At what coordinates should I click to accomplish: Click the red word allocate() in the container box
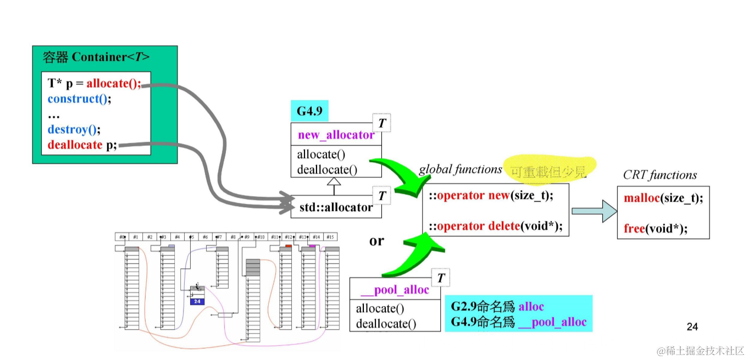click(x=113, y=84)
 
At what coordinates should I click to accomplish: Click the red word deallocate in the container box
click(x=75, y=145)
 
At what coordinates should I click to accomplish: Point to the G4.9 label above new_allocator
click(x=309, y=112)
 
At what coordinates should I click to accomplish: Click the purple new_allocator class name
click(x=336, y=135)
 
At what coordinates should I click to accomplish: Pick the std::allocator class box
click(x=336, y=207)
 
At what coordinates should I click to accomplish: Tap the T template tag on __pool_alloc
click(x=440, y=279)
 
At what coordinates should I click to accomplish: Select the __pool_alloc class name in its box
click(x=394, y=290)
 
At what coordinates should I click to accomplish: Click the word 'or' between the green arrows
click(x=376, y=241)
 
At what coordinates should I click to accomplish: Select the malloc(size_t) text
click(x=663, y=198)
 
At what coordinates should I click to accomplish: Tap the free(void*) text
click(x=656, y=228)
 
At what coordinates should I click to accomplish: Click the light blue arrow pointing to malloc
click(x=594, y=211)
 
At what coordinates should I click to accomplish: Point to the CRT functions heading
click(x=660, y=175)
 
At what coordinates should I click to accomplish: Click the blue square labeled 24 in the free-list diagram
click(x=197, y=301)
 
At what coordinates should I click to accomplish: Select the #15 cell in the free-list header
click(x=330, y=237)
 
